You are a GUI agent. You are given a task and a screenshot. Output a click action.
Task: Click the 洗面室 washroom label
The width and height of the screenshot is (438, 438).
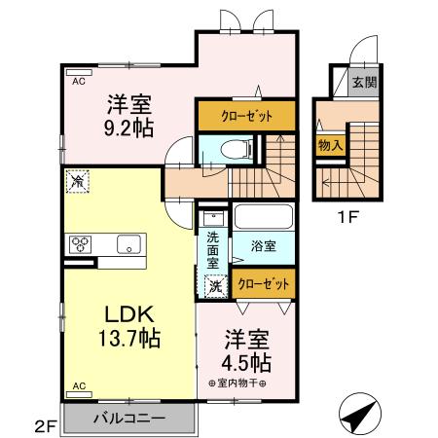pos(212,248)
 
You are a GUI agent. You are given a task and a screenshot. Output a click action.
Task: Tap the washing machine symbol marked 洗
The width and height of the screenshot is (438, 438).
pos(216,285)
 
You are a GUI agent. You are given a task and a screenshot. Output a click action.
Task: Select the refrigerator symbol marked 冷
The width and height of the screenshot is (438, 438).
pos(76,181)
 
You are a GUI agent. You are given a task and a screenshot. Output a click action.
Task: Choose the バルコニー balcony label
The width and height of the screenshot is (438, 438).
pos(128,419)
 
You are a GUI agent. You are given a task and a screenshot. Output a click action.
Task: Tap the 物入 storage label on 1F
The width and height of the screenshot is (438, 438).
pos(328,144)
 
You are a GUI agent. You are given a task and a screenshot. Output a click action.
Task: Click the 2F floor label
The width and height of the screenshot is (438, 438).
pos(45,424)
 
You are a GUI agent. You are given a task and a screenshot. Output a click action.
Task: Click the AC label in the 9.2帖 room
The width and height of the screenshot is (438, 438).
pos(78,83)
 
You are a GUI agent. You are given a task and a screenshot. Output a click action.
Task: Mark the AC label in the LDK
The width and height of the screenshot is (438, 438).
pos(78,384)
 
